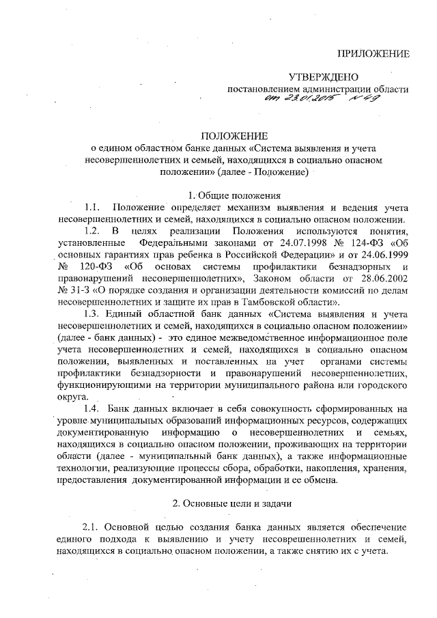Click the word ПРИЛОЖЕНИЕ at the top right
pos(375,53)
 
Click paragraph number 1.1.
pos(92,207)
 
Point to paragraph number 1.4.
pos(92,408)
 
